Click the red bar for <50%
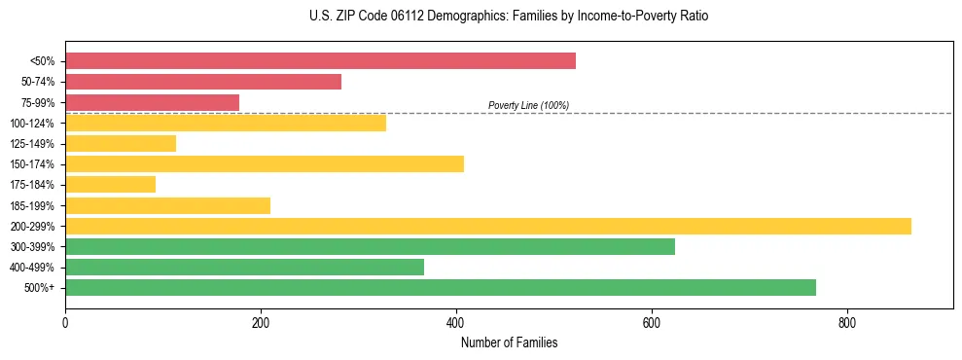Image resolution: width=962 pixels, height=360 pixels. pyautogui.click(x=320, y=61)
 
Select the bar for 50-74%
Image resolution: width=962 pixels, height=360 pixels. pyautogui.click(x=203, y=82)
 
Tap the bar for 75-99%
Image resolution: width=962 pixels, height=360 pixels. pyautogui.click(x=152, y=102)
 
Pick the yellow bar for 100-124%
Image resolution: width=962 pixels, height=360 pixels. pyautogui.click(x=226, y=123)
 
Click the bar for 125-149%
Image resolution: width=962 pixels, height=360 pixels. pyautogui.click(x=121, y=144)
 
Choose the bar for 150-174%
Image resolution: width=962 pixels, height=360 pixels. pyautogui.click(x=265, y=164)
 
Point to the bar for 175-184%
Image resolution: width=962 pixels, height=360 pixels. pyautogui.click(x=110, y=185)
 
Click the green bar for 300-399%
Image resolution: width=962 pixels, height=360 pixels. pyautogui.click(x=370, y=246)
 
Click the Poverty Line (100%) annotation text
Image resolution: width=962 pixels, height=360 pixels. pyautogui.click(x=528, y=105)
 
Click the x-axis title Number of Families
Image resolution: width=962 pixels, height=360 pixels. pyautogui.click(x=509, y=343)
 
